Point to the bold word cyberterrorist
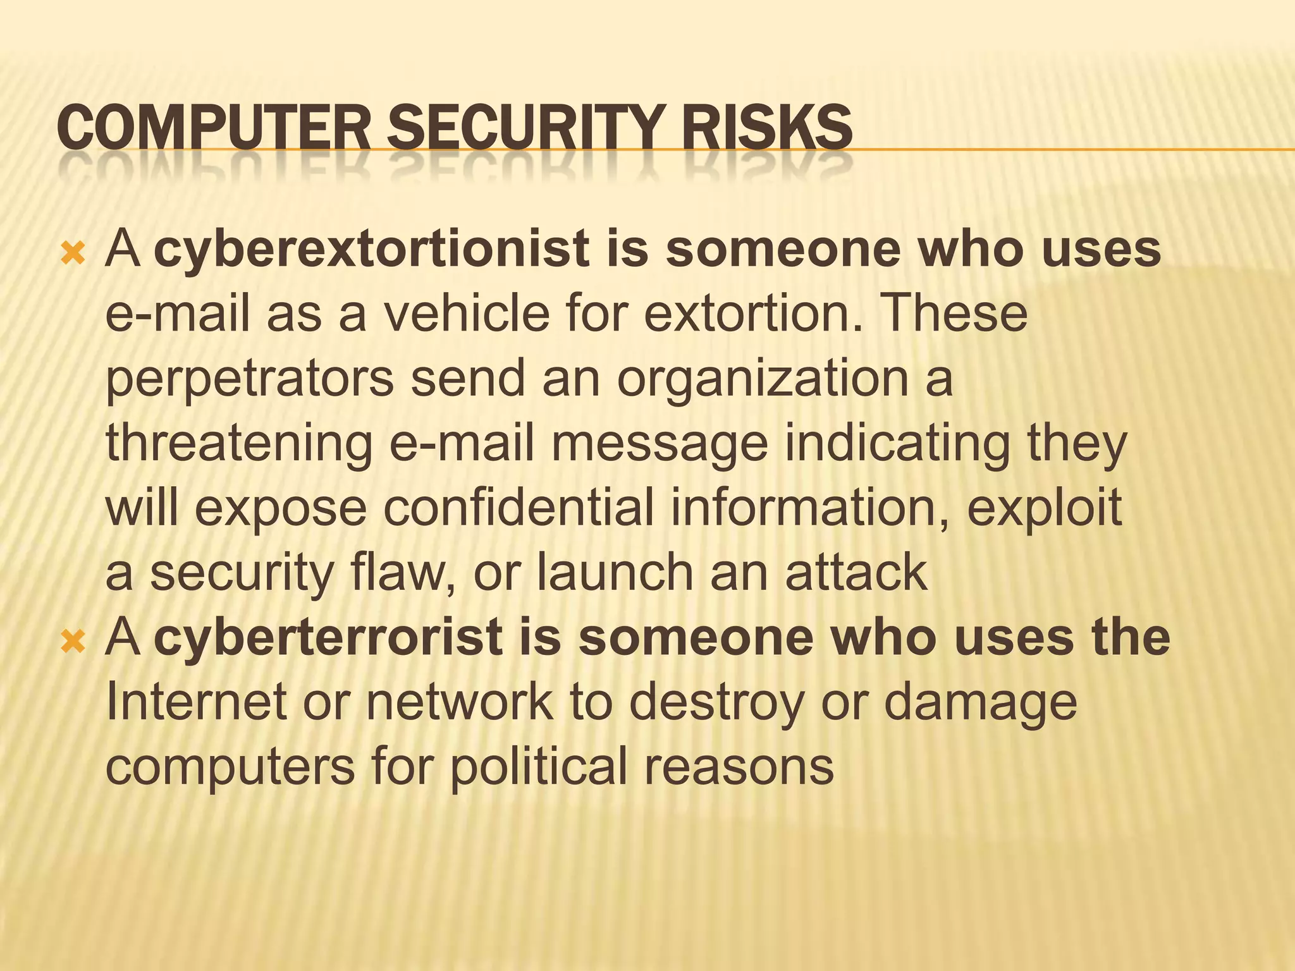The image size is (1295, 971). [x=328, y=637]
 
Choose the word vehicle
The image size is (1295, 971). [x=467, y=314]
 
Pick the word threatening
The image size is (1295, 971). [x=239, y=444]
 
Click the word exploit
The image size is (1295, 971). [x=1045, y=508]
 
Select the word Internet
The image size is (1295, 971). [x=196, y=702]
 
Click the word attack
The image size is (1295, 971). [x=856, y=573]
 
